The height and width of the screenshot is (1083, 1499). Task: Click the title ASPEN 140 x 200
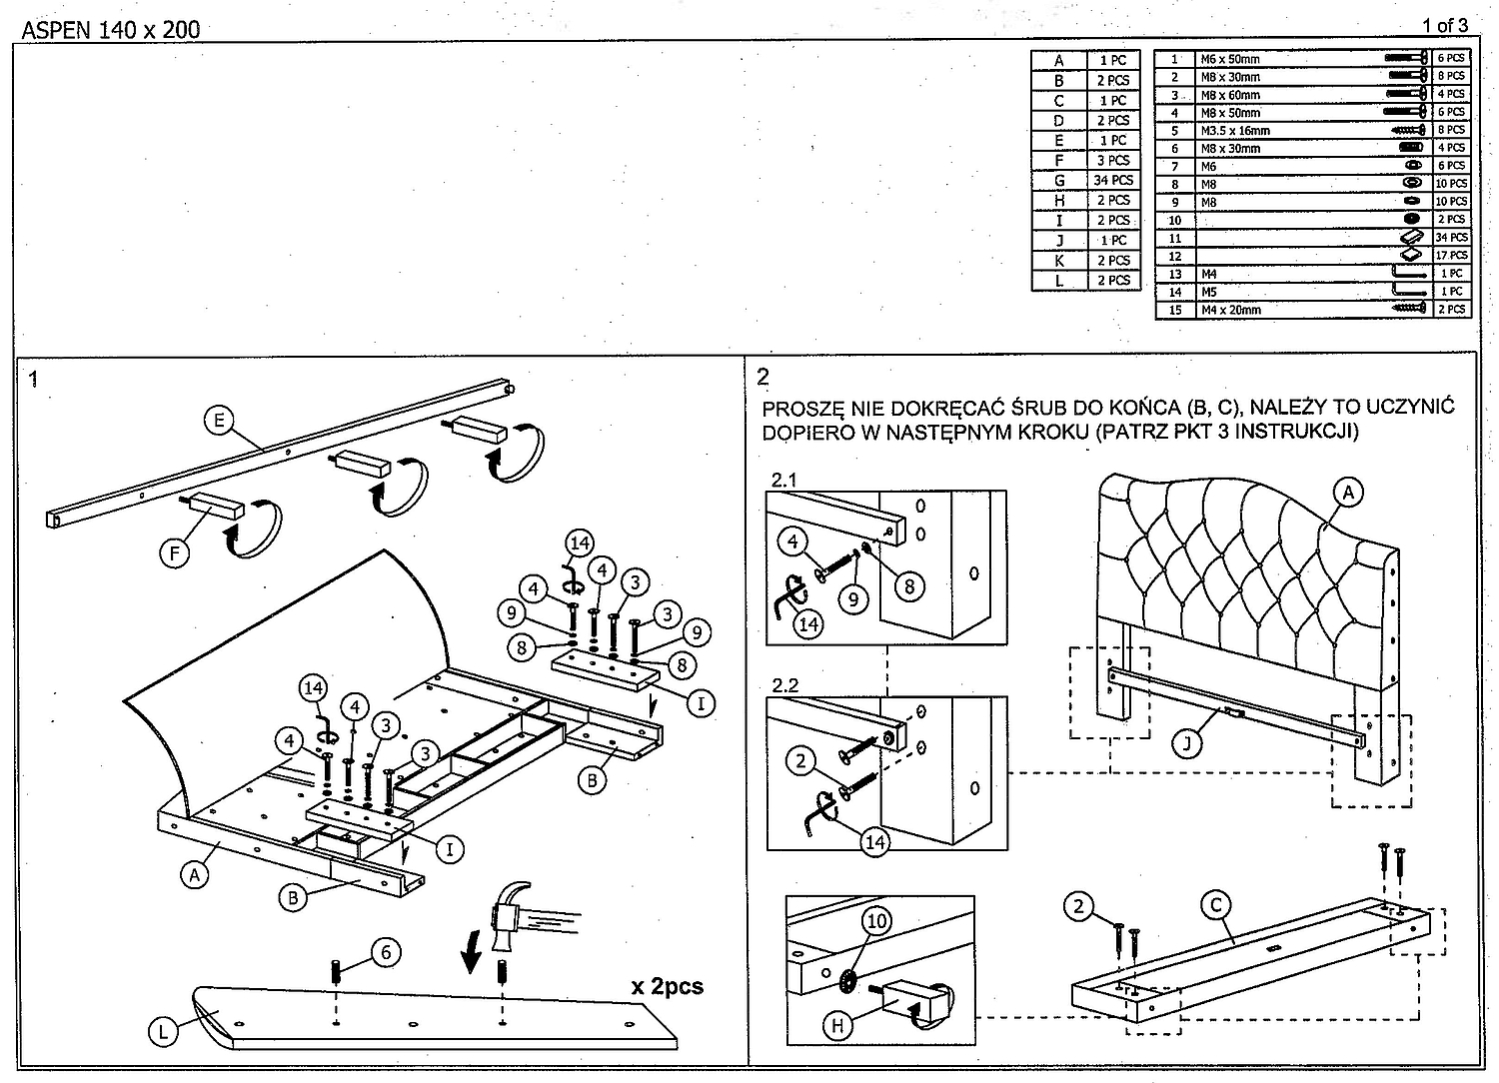click(x=111, y=29)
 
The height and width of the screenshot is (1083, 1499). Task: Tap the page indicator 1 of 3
click(x=1444, y=26)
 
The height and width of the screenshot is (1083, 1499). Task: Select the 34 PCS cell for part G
click(x=1113, y=180)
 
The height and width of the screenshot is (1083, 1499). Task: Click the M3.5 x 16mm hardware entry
click(x=1234, y=131)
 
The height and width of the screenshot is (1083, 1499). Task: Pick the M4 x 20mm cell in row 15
click(x=1230, y=310)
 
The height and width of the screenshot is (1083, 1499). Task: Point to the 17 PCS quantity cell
click(x=1451, y=256)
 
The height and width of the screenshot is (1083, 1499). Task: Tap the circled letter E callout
click(x=220, y=421)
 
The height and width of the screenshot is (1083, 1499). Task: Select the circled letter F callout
click(x=175, y=553)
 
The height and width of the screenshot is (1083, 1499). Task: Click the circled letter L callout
click(x=163, y=1032)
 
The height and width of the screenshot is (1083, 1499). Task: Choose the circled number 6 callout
click(x=386, y=952)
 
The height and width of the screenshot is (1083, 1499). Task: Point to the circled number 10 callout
click(x=876, y=921)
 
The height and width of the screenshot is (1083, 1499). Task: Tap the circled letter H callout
click(x=837, y=1025)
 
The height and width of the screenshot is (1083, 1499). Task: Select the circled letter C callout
click(x=1216, y=905)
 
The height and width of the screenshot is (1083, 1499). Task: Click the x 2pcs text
click(x=668, y=987)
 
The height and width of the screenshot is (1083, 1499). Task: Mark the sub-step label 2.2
click(x=784, y=685)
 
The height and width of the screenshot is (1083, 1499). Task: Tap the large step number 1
click(x=33, y=380)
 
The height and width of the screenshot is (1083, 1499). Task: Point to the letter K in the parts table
click(x=1058, y=261)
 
